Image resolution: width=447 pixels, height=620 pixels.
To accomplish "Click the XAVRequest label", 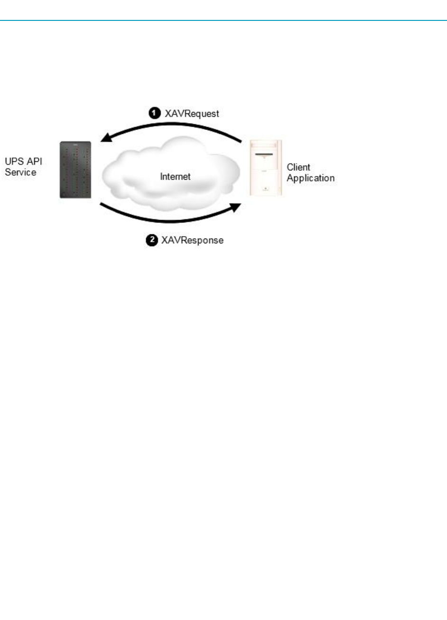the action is (192, 114).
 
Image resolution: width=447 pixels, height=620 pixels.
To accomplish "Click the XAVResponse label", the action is (192, 241).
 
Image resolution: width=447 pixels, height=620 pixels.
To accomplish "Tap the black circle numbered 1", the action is (154, 113).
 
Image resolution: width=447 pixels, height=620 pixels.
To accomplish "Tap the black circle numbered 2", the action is (151, 240).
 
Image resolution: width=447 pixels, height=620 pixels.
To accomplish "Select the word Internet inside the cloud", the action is (175, 176).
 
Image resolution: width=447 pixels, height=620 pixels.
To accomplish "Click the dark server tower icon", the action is (75, 169).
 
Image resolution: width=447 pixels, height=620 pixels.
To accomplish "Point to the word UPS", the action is (14, 162).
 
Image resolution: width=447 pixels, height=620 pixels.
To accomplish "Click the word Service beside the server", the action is (20, 172).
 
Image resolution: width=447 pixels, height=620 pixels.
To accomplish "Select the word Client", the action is (298, 167).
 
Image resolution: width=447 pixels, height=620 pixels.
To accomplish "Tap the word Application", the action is (310, 178).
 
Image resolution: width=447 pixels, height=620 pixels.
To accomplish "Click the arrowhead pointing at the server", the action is (105, 138).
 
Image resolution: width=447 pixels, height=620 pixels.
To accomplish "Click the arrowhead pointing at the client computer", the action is (235, 206).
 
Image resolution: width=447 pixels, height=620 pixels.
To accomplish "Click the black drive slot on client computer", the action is (266, 154).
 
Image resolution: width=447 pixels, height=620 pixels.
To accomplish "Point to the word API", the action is (34, 162).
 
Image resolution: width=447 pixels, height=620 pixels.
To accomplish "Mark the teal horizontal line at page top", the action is (223, 20).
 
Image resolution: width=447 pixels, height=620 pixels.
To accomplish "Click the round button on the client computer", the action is (266, 188).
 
